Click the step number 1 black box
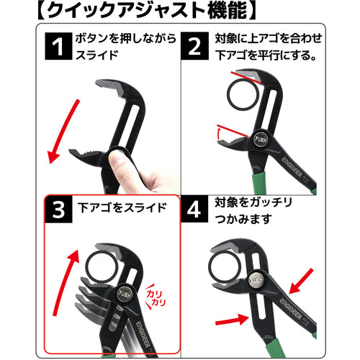tap(58, 46)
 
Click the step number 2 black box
tap(194, 46)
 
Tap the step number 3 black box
tap(58, 210)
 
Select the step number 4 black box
tap(194, 209)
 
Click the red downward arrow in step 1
tap(64, 132)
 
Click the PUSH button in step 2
tap(261, 140)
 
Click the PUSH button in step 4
tap(255, 280)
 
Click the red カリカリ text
tap(156, 297)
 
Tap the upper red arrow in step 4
tap(300, 282)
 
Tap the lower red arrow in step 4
tap(232, 320)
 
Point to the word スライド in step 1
tap(97, 55)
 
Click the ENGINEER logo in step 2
tap(292, 167)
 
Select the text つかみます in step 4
tap(243, 219)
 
